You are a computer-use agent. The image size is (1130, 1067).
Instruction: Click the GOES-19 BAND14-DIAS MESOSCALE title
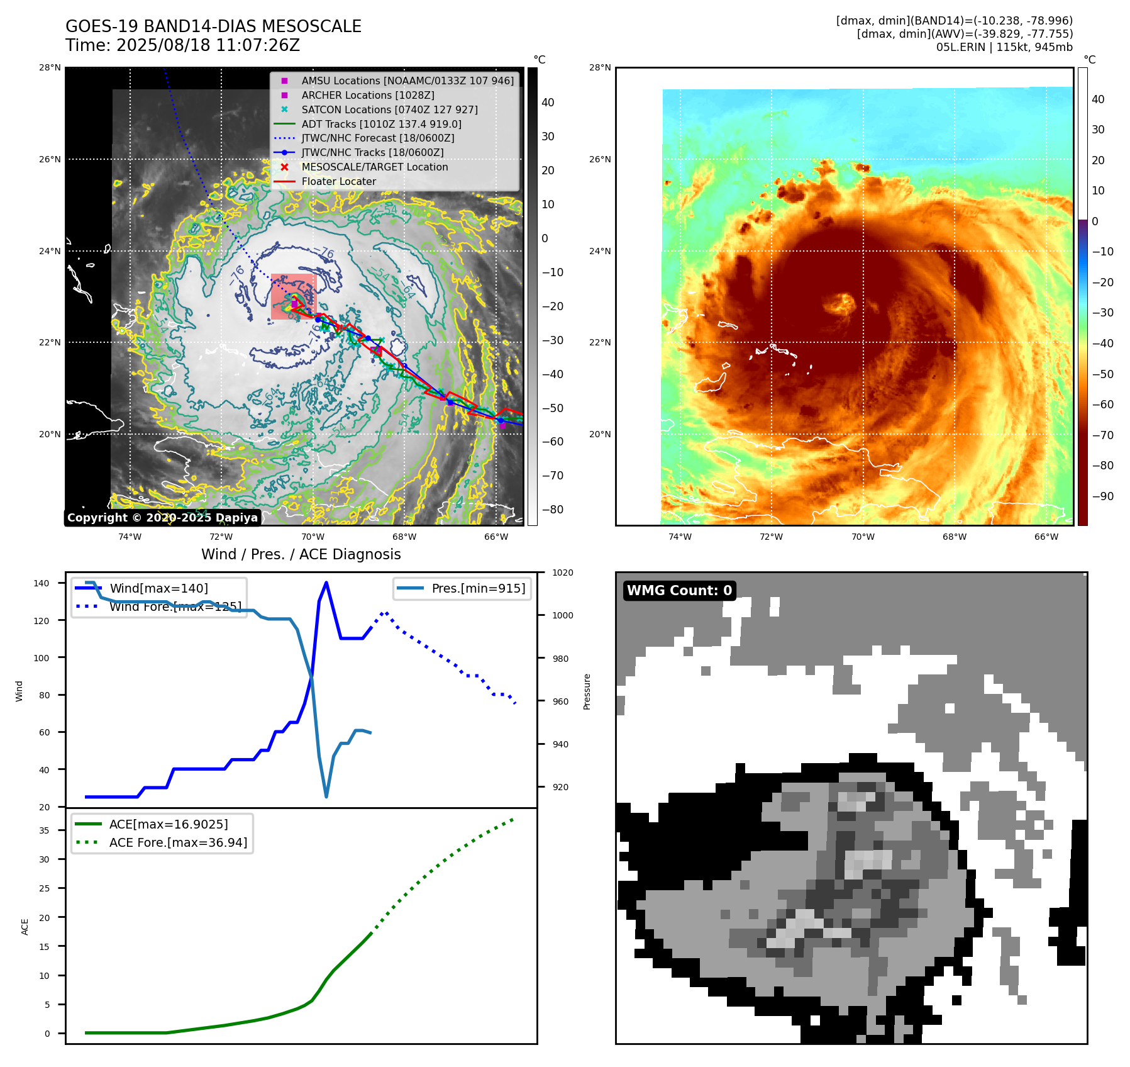pyautogui.click(x=213, y=26)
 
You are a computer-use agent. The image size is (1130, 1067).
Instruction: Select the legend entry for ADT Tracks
pyautogui.click(x=381, y=124)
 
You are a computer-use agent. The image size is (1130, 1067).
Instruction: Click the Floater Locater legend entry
pyautogui.click(x=338, y=181)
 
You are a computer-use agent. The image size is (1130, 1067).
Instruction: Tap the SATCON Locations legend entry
pyautogui.click(x=389, y=109)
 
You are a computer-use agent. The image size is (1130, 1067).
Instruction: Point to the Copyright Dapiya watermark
pyautogui.click(x=162, y=518)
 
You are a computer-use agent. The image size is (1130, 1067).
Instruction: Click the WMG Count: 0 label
pyautogui.click(x=679, y=590)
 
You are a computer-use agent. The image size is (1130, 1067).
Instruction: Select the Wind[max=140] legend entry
pyautogui.click(x=158, y=588)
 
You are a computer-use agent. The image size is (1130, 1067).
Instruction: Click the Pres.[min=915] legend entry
pyautogui.click(x=478, y=588)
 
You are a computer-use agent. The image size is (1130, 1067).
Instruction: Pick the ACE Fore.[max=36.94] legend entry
pyautogui.click(x=178, y=842)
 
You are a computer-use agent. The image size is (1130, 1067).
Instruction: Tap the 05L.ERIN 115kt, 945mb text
pyautogui.click(x=1004, y=47)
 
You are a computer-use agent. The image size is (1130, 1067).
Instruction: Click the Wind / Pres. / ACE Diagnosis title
pyautogui.click(x=301, y=554)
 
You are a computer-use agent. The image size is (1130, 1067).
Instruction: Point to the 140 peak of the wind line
pyautogui.click(x=326, y=583)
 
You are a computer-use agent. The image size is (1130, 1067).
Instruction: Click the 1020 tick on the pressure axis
pyautogui.click(x=563, y=573)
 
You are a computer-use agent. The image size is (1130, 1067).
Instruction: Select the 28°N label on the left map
pyautogui.click(x=50, y=67)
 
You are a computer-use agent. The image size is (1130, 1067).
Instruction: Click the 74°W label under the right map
pyautogui.click(x=680, y=537)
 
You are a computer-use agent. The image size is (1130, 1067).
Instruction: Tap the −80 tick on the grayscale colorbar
pyautogui.click(x=553, y=510)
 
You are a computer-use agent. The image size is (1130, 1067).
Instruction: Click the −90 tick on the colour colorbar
pyautogui.click(x=1102, y=496)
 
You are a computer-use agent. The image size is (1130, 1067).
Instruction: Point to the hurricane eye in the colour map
pyautogui.click(x=840, y=304)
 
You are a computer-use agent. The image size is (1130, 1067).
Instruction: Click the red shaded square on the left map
pyautogui.click(x=293, y=296)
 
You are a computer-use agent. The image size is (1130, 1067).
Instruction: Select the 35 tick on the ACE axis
pyautogui.click(x=44, y=830)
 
